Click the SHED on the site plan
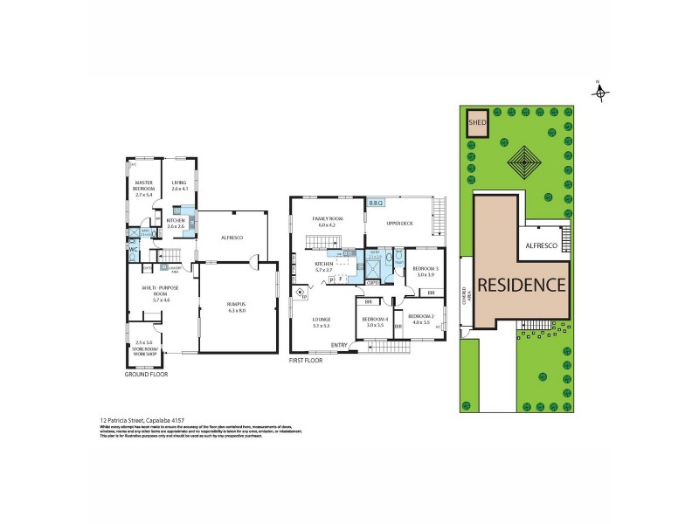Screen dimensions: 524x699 click(x=477, y=123)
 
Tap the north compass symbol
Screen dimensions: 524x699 click(x=600, y=93)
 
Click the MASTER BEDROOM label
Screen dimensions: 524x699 click(x=144, y=186)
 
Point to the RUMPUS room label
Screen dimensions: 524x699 click(x=236, y=307)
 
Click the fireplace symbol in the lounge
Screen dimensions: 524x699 click(x=301, y=295)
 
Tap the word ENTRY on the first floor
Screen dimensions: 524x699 click(x=339, y=345)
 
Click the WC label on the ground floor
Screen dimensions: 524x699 click(x=134, y=250)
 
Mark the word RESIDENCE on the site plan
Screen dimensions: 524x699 click(x=522, y=285)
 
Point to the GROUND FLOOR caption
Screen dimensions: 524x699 click(x=147, y=374)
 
